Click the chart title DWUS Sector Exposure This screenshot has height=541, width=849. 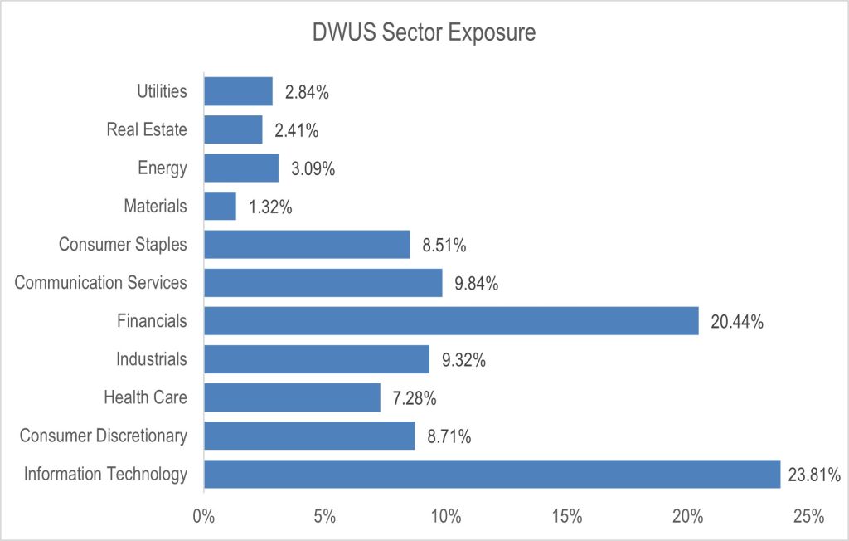[424, 33]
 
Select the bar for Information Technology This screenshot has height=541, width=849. [492, 474]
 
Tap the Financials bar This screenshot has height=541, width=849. [451, 321]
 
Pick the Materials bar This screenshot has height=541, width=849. [220, 206]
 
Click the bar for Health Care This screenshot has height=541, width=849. [292, 397]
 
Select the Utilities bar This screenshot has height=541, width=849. [238, 91]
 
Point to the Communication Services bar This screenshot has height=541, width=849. [323, 283]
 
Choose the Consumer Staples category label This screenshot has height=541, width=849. [123, 245]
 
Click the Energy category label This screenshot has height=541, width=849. [163, 168]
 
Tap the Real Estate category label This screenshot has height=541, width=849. [147, 129]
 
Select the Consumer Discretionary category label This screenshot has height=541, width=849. [104, 436]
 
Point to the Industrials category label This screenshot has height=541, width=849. [151, 359]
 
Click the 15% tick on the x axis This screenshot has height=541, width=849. [566, 516]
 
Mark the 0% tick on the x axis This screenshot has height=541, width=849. [204, 516]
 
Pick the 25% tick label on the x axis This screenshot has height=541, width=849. [808, 516]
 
